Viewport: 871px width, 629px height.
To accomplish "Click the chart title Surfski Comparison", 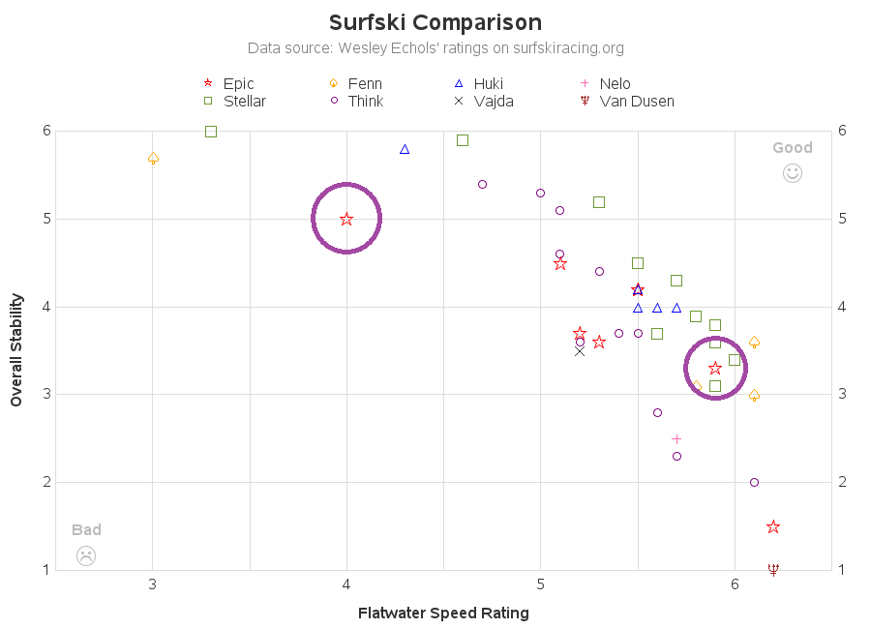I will [x=435, y=22].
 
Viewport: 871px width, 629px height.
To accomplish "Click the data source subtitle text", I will [x=435, y=47].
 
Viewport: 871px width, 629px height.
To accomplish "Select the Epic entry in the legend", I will [x=229, y=84].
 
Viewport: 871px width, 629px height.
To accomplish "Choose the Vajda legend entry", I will [x=484, y=101].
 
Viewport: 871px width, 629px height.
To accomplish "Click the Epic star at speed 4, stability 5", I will [x=346, y=219].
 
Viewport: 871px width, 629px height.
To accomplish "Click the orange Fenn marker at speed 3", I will [x=153, y=158].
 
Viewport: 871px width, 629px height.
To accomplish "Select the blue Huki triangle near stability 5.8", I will [x=405, y=149].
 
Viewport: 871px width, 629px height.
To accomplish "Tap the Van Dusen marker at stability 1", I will [x=773, y=569].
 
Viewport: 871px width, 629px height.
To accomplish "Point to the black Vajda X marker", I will [x=580, y=350].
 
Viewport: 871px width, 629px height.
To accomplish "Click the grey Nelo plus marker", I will [x=676, y=439].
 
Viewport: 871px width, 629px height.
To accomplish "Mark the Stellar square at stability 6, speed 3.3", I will [x=211, y=132].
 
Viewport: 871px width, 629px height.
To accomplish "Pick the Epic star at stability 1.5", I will [x=773, y=526].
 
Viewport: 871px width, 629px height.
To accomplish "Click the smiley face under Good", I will [x=792, y=173].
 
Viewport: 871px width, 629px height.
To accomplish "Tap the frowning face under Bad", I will [x=86, y=555].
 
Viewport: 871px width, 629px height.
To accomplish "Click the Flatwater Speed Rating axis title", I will [x=443, y=613].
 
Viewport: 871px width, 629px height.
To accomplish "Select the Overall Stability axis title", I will [x=16, y=350].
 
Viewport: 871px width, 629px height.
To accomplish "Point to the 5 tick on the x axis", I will [x=541, y=584].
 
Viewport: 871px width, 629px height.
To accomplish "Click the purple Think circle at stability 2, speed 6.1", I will [x=754, y=482].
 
